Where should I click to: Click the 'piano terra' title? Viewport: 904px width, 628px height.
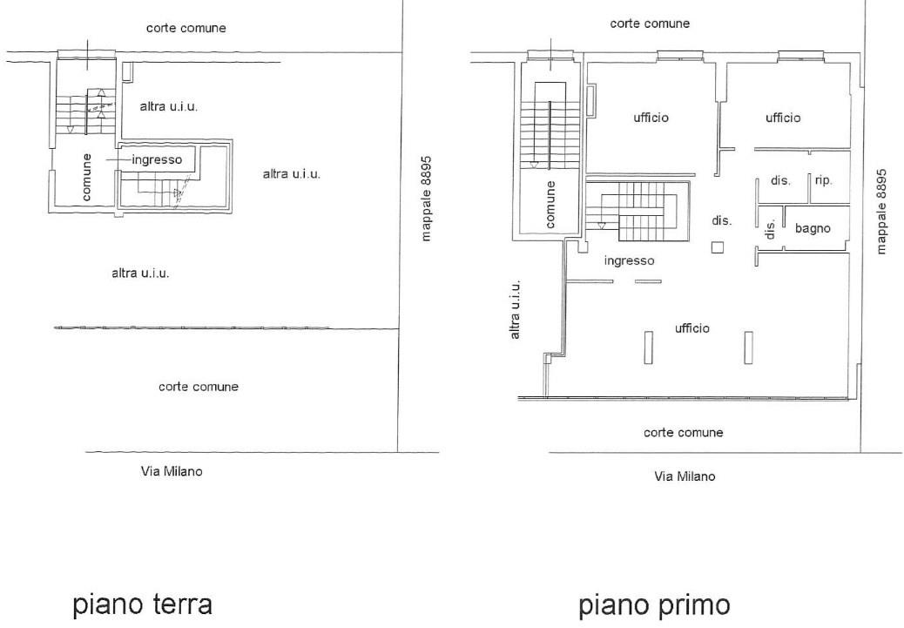(x=143, y=605)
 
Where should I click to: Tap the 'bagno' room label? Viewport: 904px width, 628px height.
(x=813, y=228)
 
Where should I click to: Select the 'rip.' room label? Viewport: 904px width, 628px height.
(x=823, y=180)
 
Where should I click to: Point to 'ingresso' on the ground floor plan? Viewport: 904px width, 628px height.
(x=157, y=159)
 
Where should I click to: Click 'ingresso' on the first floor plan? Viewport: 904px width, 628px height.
(x=629, y=260)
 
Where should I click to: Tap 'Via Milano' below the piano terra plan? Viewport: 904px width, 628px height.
(x=172, y=471)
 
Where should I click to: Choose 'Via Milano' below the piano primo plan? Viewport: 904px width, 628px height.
(x=685, y=476)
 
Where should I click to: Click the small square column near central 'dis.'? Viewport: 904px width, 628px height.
(x=718, y=247)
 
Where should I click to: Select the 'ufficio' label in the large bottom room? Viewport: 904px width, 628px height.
(x=691, y=328)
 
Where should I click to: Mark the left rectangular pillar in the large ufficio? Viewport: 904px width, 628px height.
(x=649, y=348)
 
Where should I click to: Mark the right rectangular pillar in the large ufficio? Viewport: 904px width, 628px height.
(x=748, y=348)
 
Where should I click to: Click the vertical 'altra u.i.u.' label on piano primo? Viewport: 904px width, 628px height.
(x=516, y=309)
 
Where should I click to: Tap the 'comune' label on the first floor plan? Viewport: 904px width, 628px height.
(x=550, y=204)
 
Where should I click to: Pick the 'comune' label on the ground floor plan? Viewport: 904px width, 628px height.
(x=86, y=177)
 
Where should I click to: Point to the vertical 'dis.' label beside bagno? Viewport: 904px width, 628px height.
(x=770, y=228)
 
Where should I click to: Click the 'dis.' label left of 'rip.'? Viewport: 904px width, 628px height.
(x=780, y=180)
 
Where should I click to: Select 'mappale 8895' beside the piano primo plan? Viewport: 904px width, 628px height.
(x=881, y=211)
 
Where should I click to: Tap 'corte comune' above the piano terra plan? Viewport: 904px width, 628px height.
(x=186, y=28)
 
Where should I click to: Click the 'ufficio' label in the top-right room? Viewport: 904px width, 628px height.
(x=783, y=118)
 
